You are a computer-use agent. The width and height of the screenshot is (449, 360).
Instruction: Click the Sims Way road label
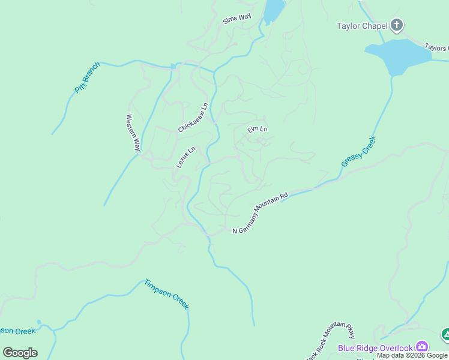coord(237,19)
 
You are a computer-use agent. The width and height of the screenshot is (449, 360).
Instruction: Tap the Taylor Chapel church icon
coord(396,25)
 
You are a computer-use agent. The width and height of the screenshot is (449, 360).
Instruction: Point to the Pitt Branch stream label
coord(88,77)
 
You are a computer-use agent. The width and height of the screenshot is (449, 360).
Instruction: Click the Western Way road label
coord(133,132)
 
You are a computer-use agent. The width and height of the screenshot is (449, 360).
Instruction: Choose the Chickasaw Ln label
coord(193,118)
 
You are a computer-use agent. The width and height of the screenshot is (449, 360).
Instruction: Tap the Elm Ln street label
coord(257,129)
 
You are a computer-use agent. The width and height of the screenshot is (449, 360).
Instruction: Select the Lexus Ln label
coord(185,157)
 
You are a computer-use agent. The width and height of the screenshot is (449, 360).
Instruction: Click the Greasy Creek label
coord(358,151)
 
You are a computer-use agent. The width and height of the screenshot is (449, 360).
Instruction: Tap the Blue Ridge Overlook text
coord(375,348)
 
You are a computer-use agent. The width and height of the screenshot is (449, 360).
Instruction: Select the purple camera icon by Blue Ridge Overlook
coord(422,347)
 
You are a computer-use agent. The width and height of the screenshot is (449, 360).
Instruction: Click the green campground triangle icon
coord(445,334)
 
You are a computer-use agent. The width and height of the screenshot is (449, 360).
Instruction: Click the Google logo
coord(20,353)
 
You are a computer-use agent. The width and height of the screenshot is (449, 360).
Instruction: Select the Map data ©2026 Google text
coord(412,355)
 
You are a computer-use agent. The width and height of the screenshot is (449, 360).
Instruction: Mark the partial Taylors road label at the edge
coord(436,47)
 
